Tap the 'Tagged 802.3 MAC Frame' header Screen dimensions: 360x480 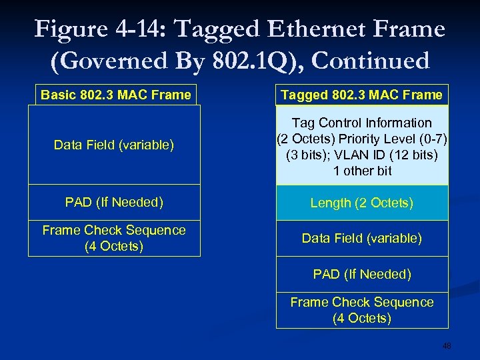(362, 95)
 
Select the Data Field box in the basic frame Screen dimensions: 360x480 (114, 145)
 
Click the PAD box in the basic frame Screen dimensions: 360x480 (114, 202)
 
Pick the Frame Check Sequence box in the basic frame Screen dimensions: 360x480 (114, 238)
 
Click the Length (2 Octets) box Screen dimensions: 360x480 (362, 203)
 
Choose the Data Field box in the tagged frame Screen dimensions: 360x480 (362, 238)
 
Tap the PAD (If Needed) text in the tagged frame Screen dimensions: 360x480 (362, 274)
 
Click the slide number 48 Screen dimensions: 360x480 (447, 346)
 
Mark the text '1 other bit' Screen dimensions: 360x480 (362, 171)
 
